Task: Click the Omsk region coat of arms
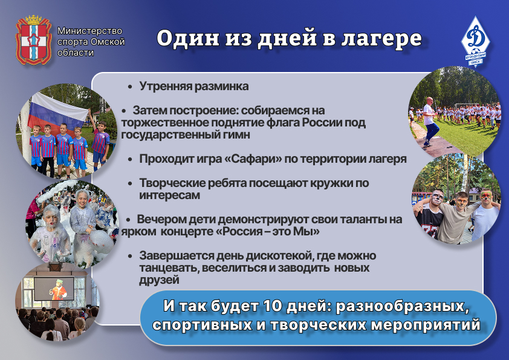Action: (x=34, y=40)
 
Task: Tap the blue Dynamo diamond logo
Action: (x=475, y=41)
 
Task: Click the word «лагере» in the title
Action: (x=381, y=38)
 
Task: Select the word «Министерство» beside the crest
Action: (x=89, y=31)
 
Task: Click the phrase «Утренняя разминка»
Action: (x=194, y=87)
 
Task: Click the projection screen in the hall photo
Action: (x=54, y=288)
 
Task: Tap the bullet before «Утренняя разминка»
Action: (x=130, y=87)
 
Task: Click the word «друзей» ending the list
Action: (x=159, y=280)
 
